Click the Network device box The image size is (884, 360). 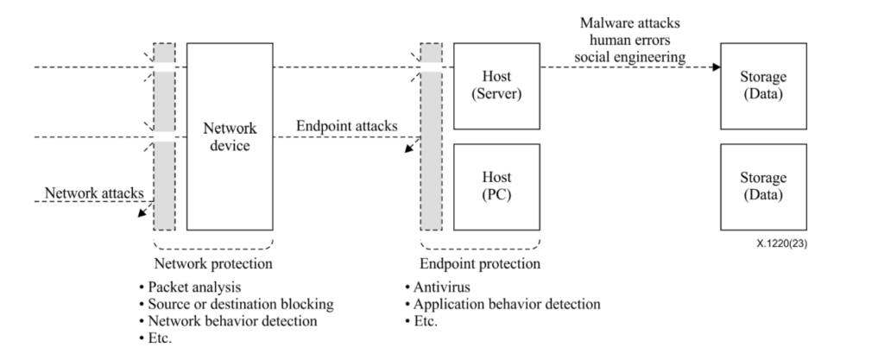click(230, 136)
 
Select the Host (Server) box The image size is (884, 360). click(496, 86)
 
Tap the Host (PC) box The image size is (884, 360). click(496, 186)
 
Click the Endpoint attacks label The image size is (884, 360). click(346, 126)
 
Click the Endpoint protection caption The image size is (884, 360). click(480, 263)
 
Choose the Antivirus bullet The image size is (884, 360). click(440, 287)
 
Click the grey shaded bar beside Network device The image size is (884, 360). click(164, 136)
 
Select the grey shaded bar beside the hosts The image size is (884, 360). click(431, 136)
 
